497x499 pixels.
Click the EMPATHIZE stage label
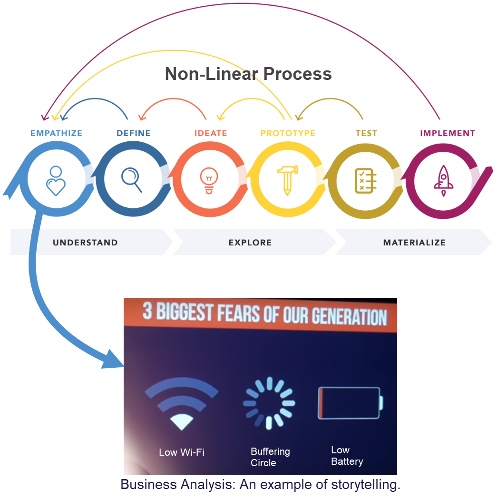click(56, 133)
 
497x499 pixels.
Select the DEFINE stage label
click(134, 133)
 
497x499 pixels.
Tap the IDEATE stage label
click(211, 133)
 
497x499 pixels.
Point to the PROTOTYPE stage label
click(288, 133)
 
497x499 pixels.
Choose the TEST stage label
click(366, 133)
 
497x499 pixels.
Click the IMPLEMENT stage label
click(448, 133)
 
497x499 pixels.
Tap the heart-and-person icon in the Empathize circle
click(56, 180)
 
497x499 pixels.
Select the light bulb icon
click(208, 181)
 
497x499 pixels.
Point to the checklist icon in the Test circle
click(365, 181)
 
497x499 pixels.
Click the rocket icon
click(443, 181)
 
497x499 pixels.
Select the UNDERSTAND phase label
click(85, 243)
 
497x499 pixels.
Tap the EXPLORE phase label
click(250, 243)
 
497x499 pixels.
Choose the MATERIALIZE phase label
click(414, 243)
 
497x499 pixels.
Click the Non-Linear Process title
click(248, 74)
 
